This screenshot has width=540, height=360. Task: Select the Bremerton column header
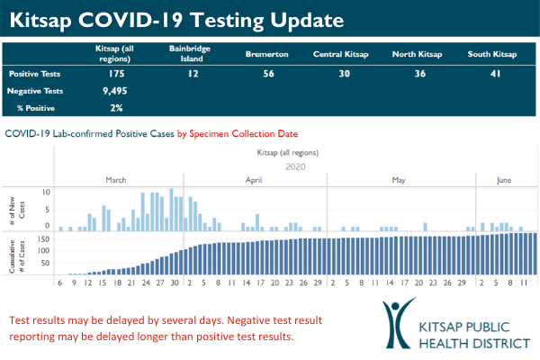(266, 54)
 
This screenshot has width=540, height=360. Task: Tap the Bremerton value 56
(266, 73)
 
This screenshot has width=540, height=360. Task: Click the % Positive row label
(31, 108)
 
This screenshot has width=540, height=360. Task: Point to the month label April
(256, 181)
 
